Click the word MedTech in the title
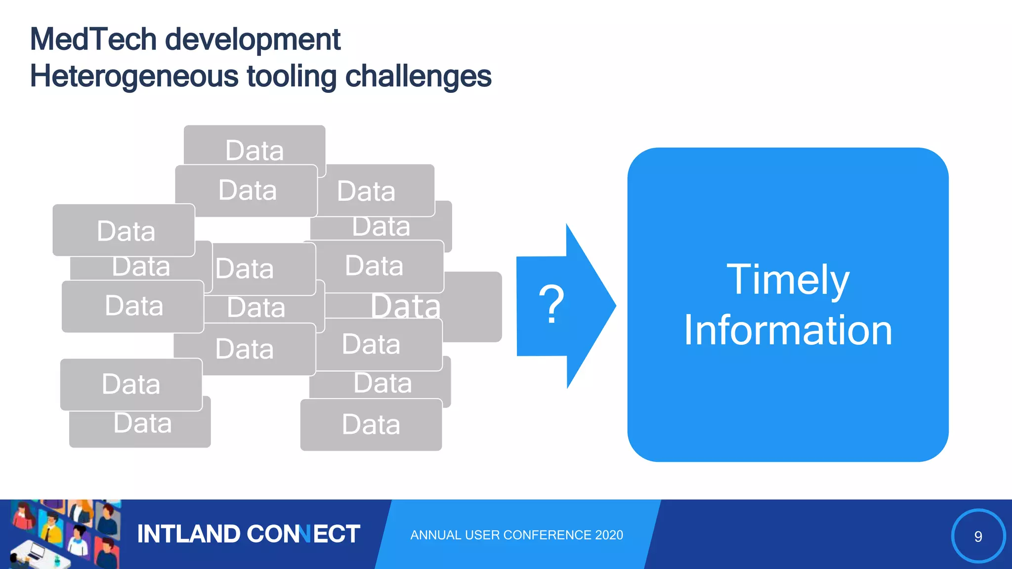point(93,40)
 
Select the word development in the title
point(253,40)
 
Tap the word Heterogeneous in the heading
point(134,77)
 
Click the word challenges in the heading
point(418,77)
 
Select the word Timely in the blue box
point(788,280)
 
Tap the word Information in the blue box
point(788,330)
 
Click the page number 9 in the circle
point(978,536)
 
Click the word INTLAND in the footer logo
point(188,534)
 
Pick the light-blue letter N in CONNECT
point(306,534)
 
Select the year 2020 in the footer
point(609,535)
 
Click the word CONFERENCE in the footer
point(548,535)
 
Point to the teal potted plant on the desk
point(57,561)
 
